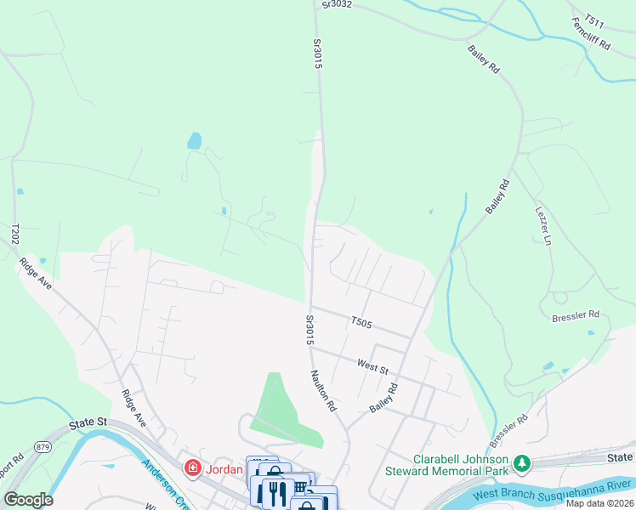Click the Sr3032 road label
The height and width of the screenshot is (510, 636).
(336, 5)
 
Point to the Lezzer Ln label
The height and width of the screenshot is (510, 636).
(542, 222)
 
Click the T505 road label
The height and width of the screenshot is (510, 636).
(362, 322)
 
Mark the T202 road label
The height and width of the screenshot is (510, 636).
(15, 235)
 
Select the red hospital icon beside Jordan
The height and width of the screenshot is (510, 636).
(193, 468)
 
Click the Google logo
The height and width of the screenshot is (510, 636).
(28, 500)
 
